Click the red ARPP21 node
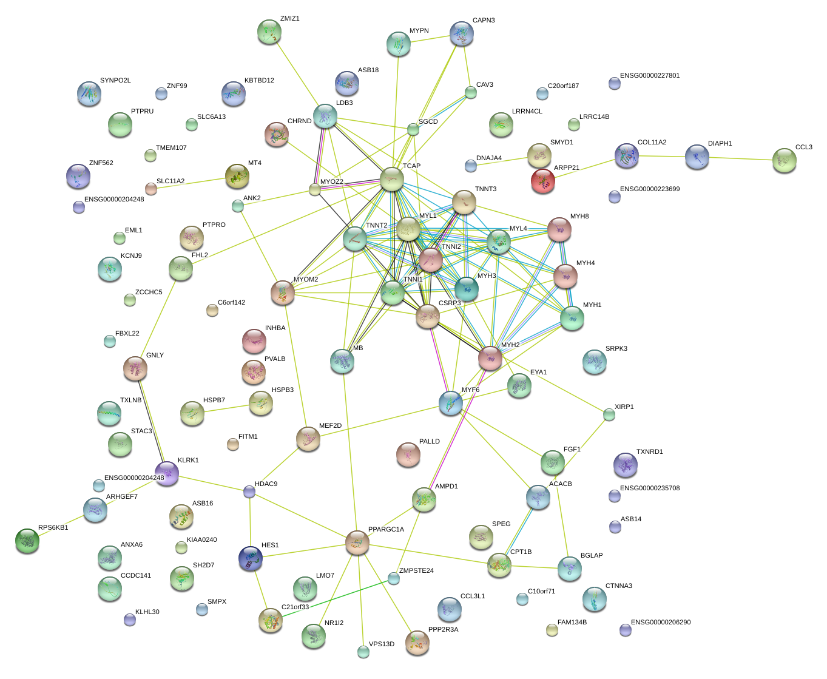[x=542, y=180]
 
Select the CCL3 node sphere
[x=785, y=160]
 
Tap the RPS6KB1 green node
[x=27, y=540]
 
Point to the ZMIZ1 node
[x=269, y=32]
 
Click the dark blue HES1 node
[x=251, y=558]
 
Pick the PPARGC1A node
[x=357, y=542]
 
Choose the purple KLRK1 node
[x=167, y=473]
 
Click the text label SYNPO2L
[x=115, y=81]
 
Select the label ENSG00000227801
[x=650, y=76]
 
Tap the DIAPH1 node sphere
[x=697, y=157]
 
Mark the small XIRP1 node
[x=609, y=414]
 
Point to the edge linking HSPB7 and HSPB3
[x=226, y=408]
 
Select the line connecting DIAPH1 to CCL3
[x=741, y=158]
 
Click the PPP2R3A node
[x=417, y=642]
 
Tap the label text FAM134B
[x=572, y=623]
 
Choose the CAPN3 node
[x=462, y=33]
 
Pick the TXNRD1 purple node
[x=625, y=465]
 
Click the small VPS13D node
[x=363, y=652]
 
